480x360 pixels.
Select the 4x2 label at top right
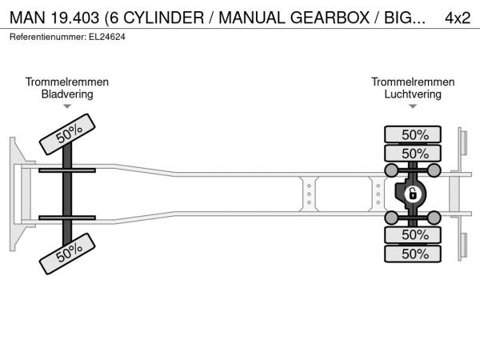click(457, 18)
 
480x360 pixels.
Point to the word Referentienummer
click(44, 37)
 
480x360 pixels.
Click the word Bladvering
click(67, 94)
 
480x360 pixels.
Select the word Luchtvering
click(413, 94)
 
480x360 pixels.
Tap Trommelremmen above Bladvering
click(67, 82)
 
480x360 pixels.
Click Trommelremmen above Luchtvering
click(413, 82)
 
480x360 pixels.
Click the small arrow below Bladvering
click(67, 106)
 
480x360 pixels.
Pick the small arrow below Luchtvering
click(413, 106)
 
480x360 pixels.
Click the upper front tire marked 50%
click(69, 133)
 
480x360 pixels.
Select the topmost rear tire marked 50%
click(414, 134)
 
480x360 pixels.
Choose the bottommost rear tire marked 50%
click(414, 254)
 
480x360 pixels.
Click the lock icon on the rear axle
click(413, 194)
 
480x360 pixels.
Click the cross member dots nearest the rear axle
click(378, 194)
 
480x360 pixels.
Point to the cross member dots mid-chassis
click(309, 194)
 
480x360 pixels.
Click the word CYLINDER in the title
click(165, 18)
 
